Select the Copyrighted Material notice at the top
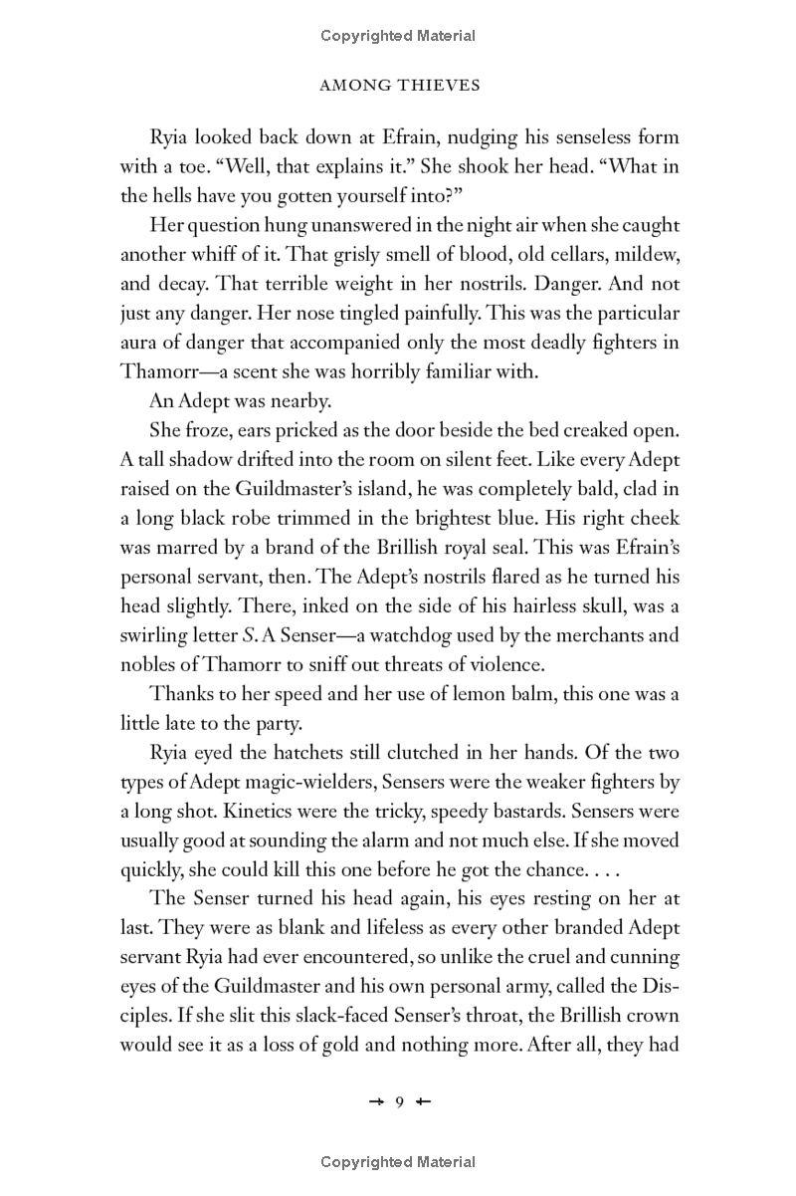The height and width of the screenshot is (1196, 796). click(x=398, y=36)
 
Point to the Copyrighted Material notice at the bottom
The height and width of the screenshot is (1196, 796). click(x=398, y=1161)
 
